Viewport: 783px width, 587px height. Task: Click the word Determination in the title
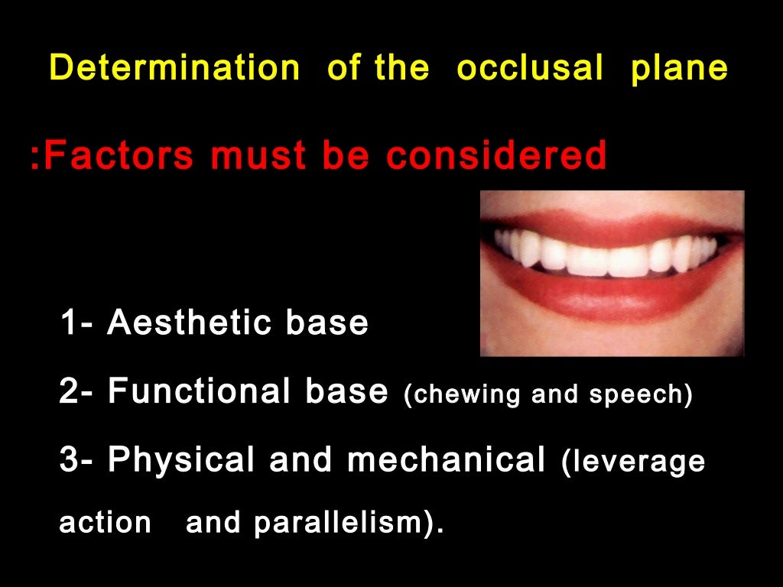(174, 69)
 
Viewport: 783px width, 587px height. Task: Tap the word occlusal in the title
(530, 69)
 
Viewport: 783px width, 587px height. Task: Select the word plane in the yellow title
(679, 69)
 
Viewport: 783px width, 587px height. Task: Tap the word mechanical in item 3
(446, 460)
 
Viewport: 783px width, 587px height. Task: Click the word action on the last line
(106, 524)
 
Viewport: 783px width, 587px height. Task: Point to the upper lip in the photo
(604, 223)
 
